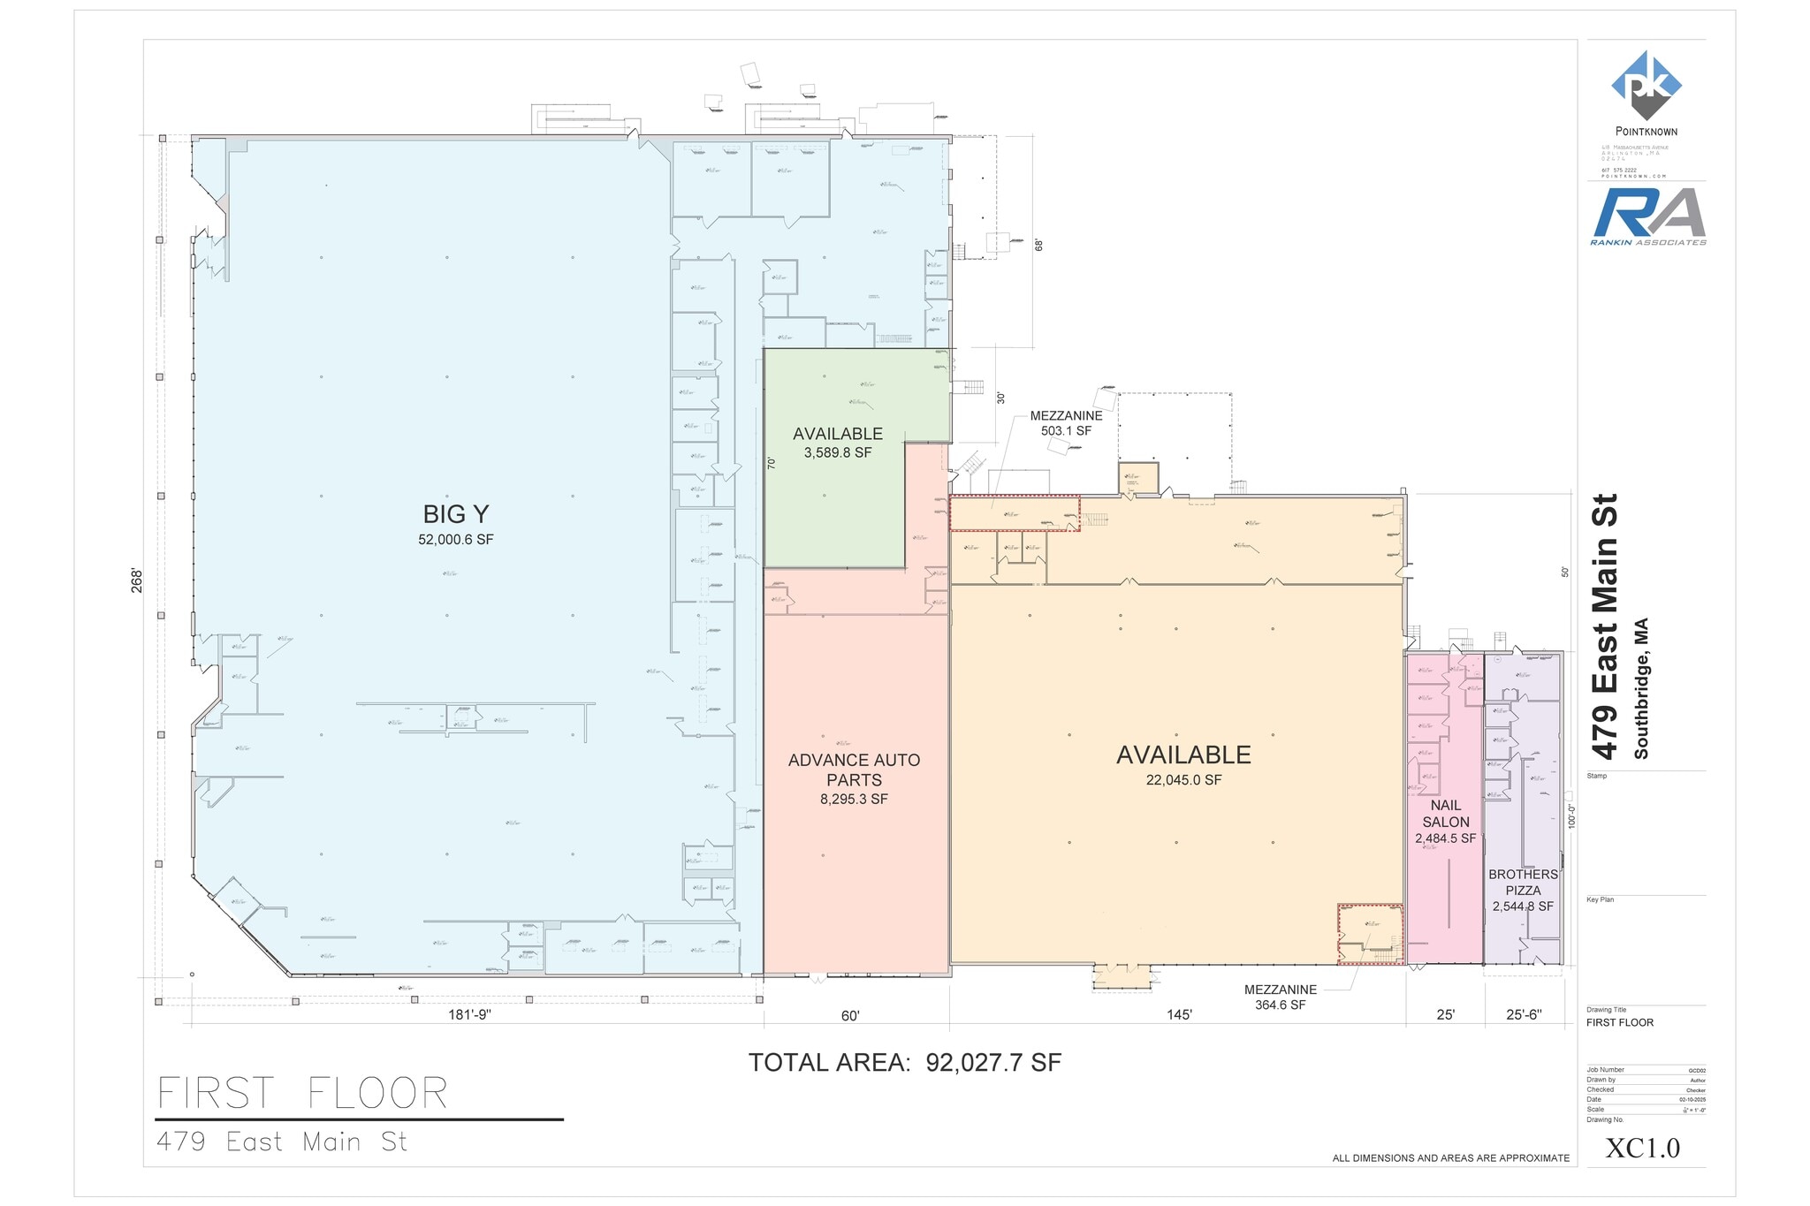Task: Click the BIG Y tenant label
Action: coord(455,514)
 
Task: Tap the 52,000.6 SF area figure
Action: coord(455,540)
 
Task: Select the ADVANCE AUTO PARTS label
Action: coord(854,770)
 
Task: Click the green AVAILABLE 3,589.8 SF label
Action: coord(837,442)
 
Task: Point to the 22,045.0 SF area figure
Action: coord(1183,780)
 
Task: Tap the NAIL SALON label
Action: coord(1445,813)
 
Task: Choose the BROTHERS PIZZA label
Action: coord(1523,883)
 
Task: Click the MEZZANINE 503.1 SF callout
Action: coord(1066,423)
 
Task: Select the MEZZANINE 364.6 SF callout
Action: coord(1280,997)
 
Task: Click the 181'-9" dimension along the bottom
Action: coord(469,1015)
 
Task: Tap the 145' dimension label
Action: coord(1179,1015)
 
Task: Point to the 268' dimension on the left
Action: coord(137,580)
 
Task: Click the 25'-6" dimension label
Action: coord(1523,1015)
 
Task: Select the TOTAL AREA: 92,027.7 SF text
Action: coord(904,1063)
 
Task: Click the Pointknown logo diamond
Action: coord(1646,85)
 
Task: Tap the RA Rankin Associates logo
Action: coord(1647,216)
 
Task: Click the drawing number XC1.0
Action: coord(1642,1148)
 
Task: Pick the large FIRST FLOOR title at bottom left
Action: coord(302,1094)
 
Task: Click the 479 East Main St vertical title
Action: coord(1604,626)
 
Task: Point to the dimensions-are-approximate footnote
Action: coord(1450,1158)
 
